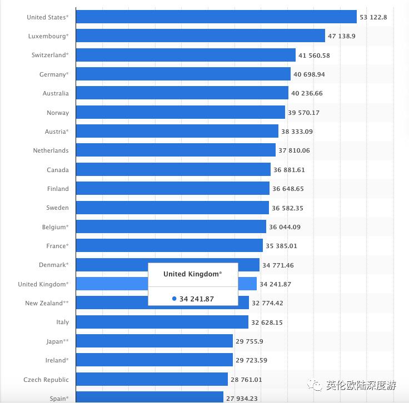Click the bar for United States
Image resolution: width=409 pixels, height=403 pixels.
click(216, 17)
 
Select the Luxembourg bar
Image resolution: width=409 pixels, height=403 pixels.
click(200, 36)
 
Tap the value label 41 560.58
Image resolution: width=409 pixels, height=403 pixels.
click(322, 56)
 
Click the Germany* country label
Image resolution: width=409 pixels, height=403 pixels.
click(54, 74)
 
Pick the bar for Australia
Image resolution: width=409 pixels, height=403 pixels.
click(182, 93)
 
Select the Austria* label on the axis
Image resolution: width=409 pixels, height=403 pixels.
click(57, 132)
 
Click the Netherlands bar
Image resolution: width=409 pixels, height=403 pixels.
click(175, 150)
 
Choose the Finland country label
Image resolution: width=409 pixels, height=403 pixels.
click(58, 189)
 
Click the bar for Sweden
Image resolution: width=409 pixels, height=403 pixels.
click(172, 208)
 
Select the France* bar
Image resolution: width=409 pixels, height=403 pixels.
click(169, 246)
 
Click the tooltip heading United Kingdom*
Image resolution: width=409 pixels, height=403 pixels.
click(193, 274)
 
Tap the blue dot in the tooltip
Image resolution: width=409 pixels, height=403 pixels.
click(174, 299)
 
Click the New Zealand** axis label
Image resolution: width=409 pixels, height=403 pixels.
click(47, 303)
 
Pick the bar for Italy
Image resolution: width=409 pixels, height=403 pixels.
click(162, 322)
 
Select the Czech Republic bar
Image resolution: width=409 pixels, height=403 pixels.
click(151, 379)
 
